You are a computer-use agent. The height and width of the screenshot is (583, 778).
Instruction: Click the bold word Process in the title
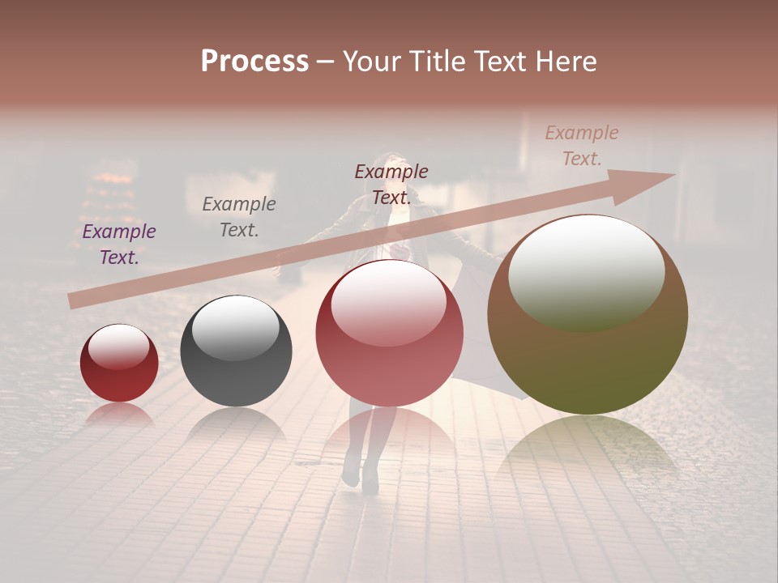click(x=254, y=62)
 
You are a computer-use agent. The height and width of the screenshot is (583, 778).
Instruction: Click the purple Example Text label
click(x=119, y=244)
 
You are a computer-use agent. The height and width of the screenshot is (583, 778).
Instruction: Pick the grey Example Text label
click(x=239, y=216)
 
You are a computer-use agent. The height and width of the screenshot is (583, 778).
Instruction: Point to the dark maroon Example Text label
click(x=391, y=184)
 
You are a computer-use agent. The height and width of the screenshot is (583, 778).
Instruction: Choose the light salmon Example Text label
click(x=582, y=146)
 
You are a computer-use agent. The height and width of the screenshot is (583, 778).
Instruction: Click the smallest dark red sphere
click(x=119, y=364)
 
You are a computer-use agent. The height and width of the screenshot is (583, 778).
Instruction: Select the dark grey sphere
click(x=236, y=351)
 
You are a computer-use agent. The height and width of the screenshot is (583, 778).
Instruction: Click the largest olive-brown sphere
click(x=588, y=316)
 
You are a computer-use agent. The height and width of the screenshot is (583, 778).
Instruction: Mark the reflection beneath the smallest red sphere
click(x=119, y=415)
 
